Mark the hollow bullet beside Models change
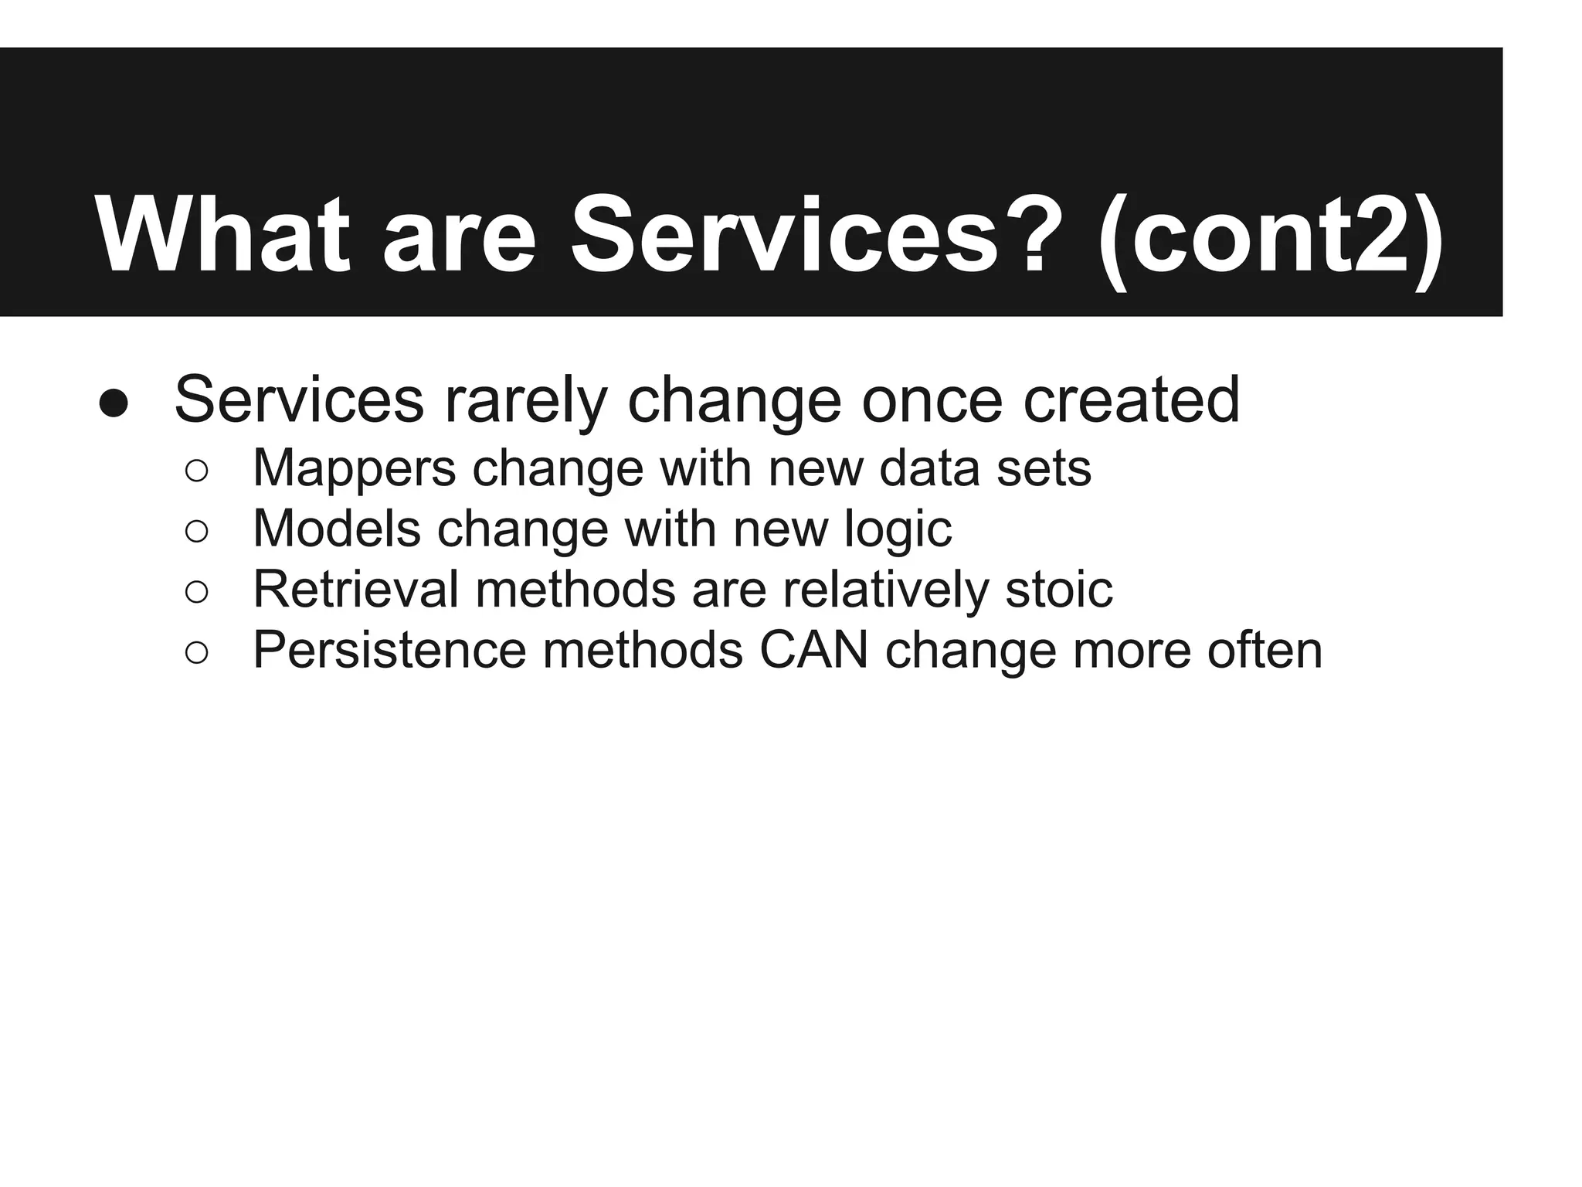tap(197, 531)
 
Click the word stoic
tap(1058, 589)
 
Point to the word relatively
tap(885, 589)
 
